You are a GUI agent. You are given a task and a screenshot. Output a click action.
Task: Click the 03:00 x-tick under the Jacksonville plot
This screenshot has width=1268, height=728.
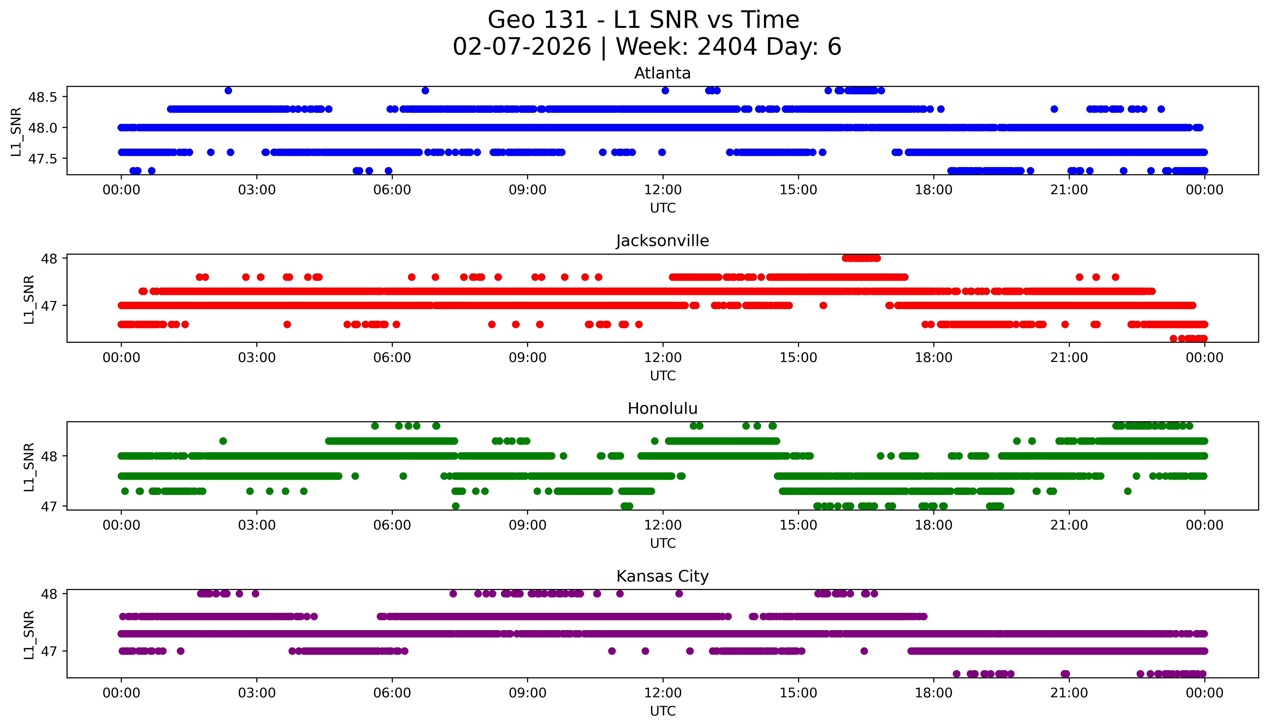(x=257, y=357)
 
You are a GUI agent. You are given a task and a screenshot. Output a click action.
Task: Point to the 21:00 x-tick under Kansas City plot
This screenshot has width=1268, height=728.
(x=1069, y=693)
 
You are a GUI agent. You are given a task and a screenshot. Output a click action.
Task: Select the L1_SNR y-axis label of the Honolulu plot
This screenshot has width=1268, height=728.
(x=29, y=467)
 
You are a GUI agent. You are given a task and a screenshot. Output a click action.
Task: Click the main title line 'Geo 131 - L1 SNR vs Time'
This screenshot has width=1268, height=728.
(x=644, y=20)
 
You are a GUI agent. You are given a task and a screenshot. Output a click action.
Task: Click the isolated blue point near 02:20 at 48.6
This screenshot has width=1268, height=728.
(x=228, y=90)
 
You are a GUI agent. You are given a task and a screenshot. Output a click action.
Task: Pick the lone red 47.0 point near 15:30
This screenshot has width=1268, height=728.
(x=823, y=306)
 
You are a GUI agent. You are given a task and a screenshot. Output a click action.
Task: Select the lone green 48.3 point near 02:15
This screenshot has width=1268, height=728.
(x=223, y=441)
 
